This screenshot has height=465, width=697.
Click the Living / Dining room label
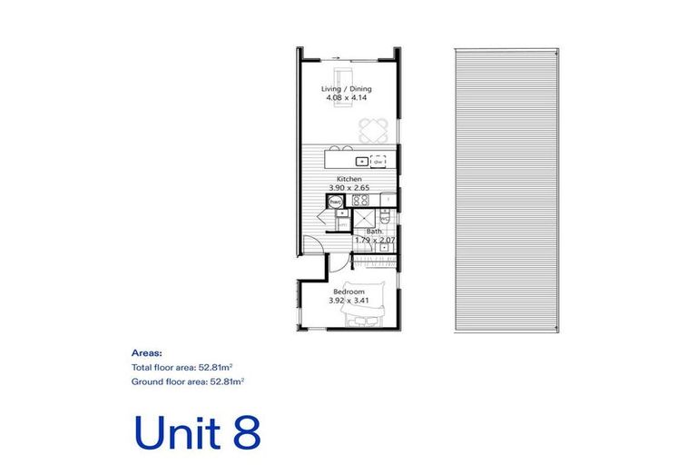click(347, 88)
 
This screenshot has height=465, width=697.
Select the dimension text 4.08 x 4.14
click(347, 97)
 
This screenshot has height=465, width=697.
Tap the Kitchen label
click(349, 179)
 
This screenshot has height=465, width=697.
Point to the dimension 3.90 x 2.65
click(349, 188)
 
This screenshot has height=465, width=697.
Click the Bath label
click(374, 232)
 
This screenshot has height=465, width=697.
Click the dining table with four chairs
click(372, 127)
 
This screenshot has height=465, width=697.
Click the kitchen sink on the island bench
click(361, 161)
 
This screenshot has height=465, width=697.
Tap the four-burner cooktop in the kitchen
click(359, 201)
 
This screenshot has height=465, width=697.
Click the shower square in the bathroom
click(365, 217)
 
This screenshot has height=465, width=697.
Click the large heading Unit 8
click(196, 432)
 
